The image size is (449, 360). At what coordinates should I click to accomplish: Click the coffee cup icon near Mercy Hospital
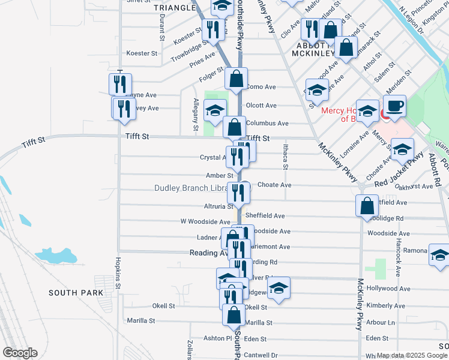pyautogui.click(x=394, y=106)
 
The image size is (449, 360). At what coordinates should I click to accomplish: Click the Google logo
pyautogui.click(x=20, y=353)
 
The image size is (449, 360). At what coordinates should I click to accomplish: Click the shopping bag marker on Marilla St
pyautogui.click(x=234, y=314)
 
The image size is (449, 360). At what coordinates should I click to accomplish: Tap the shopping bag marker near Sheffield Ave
pyautogui.click(x=367, y=206)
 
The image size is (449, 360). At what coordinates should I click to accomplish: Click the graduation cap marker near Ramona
pyautogui.click(x=439, y=254)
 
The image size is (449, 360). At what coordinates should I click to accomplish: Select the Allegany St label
pyautogui.click(x=195, y=115)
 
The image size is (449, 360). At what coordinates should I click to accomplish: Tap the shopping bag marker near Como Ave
pyautogui.click(x=237, y=79)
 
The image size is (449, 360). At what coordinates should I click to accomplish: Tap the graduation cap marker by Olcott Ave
pyautogui.click(x=215, y=110)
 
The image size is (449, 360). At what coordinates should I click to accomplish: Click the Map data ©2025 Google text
pyautogui.click(x=411, y=355)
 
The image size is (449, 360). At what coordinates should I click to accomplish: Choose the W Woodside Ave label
pyautogui.click(x=205, y=221)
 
